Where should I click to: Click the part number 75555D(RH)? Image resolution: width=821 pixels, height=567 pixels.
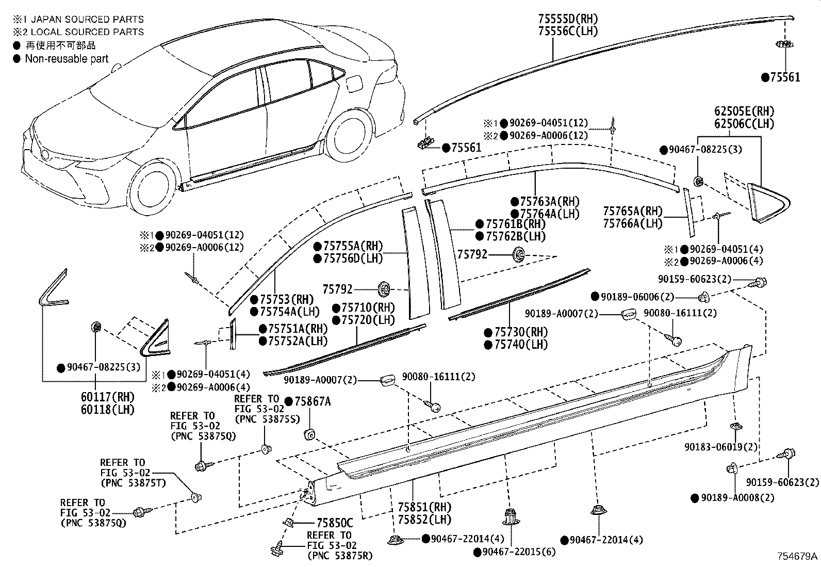[x=568, y=19]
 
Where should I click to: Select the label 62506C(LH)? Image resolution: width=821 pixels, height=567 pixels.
[x=744, y=124]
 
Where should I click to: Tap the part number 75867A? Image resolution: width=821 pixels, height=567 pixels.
[x=313, y=401]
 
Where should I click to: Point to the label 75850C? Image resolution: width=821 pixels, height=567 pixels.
[x=335, y=523]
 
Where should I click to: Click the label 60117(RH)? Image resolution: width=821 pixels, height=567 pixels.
[x=108, y=397]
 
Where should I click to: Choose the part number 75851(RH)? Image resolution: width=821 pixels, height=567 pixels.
[x=424, y=507]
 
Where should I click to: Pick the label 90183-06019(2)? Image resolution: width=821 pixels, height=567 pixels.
[x=721, y=447]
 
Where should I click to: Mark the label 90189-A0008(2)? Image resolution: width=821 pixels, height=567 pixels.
[x=737, y=498]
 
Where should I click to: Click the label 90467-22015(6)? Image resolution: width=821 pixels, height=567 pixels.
[x=519, y=552]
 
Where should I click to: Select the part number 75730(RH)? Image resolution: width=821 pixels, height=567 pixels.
[x=521, y=332]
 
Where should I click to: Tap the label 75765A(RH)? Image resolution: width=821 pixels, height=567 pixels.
[x=633, y=211]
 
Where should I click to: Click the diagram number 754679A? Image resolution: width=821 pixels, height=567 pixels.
[x=798, y=556]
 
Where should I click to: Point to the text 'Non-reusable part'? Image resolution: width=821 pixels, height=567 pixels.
[x=67, y=59]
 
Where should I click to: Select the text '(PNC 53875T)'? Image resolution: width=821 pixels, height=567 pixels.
[x=134, y=483]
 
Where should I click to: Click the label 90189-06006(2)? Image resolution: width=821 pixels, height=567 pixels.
[x=637, y=297]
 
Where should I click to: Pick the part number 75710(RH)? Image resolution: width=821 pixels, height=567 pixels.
[x=368, y=307]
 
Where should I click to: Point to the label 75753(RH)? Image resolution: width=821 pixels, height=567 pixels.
[x=287, y=299]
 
